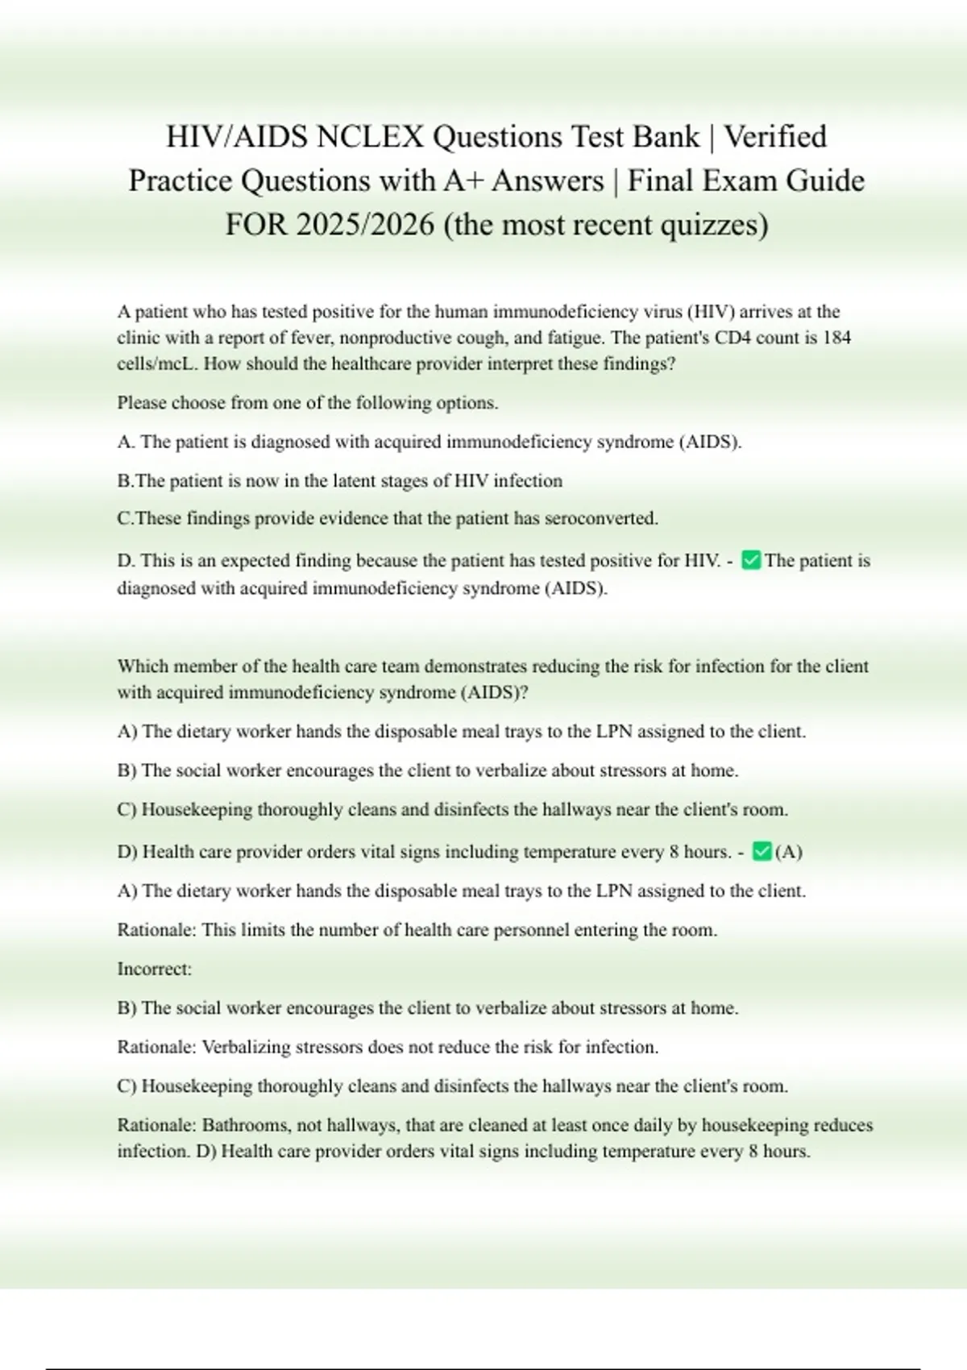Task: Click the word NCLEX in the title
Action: [369, 137]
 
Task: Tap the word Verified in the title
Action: [775, 137]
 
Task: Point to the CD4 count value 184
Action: [836, 338]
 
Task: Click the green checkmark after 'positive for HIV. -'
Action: [751, 560]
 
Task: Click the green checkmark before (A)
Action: [762, 851]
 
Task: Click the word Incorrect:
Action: [155, 969]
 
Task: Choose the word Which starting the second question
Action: [143, 666]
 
